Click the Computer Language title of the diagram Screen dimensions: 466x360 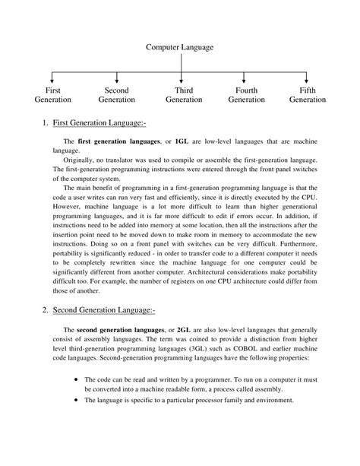pyautogui.click(x=180, y=47)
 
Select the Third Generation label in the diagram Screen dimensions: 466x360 pyautogui.click(x=183, y=95)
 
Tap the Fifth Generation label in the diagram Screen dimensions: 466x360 pyautogui.click(x=308, y=95)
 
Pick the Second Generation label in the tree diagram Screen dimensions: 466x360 pyautogui.click(x=116, y=95)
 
